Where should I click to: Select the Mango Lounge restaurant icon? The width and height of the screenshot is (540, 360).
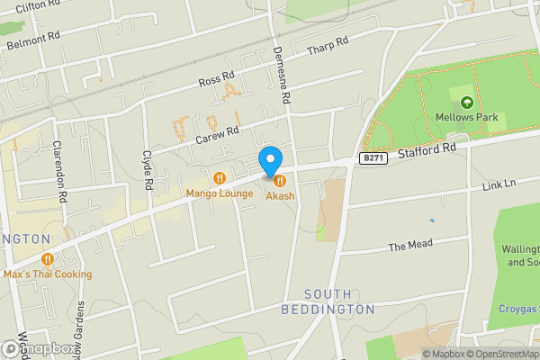[220, 177]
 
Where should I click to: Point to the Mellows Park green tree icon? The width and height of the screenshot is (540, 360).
[466, 102]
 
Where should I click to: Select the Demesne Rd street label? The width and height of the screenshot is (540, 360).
[282, 74]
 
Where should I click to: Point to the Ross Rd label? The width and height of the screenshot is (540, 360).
[216, 80]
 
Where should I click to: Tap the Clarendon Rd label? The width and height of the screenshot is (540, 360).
[59, 171]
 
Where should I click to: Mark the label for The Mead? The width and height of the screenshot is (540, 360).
[410, 244]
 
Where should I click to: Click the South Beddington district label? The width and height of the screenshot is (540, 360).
[338, 301]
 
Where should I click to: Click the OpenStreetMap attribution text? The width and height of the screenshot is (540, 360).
[501, 354]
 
